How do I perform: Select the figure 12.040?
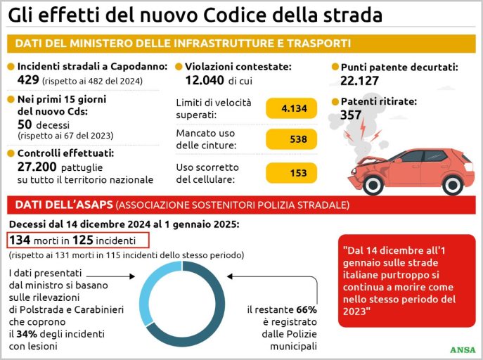[x=200, y=80]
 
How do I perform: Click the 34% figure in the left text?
[x=37, y=333]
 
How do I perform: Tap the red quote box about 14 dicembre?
[x=403, y=280]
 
